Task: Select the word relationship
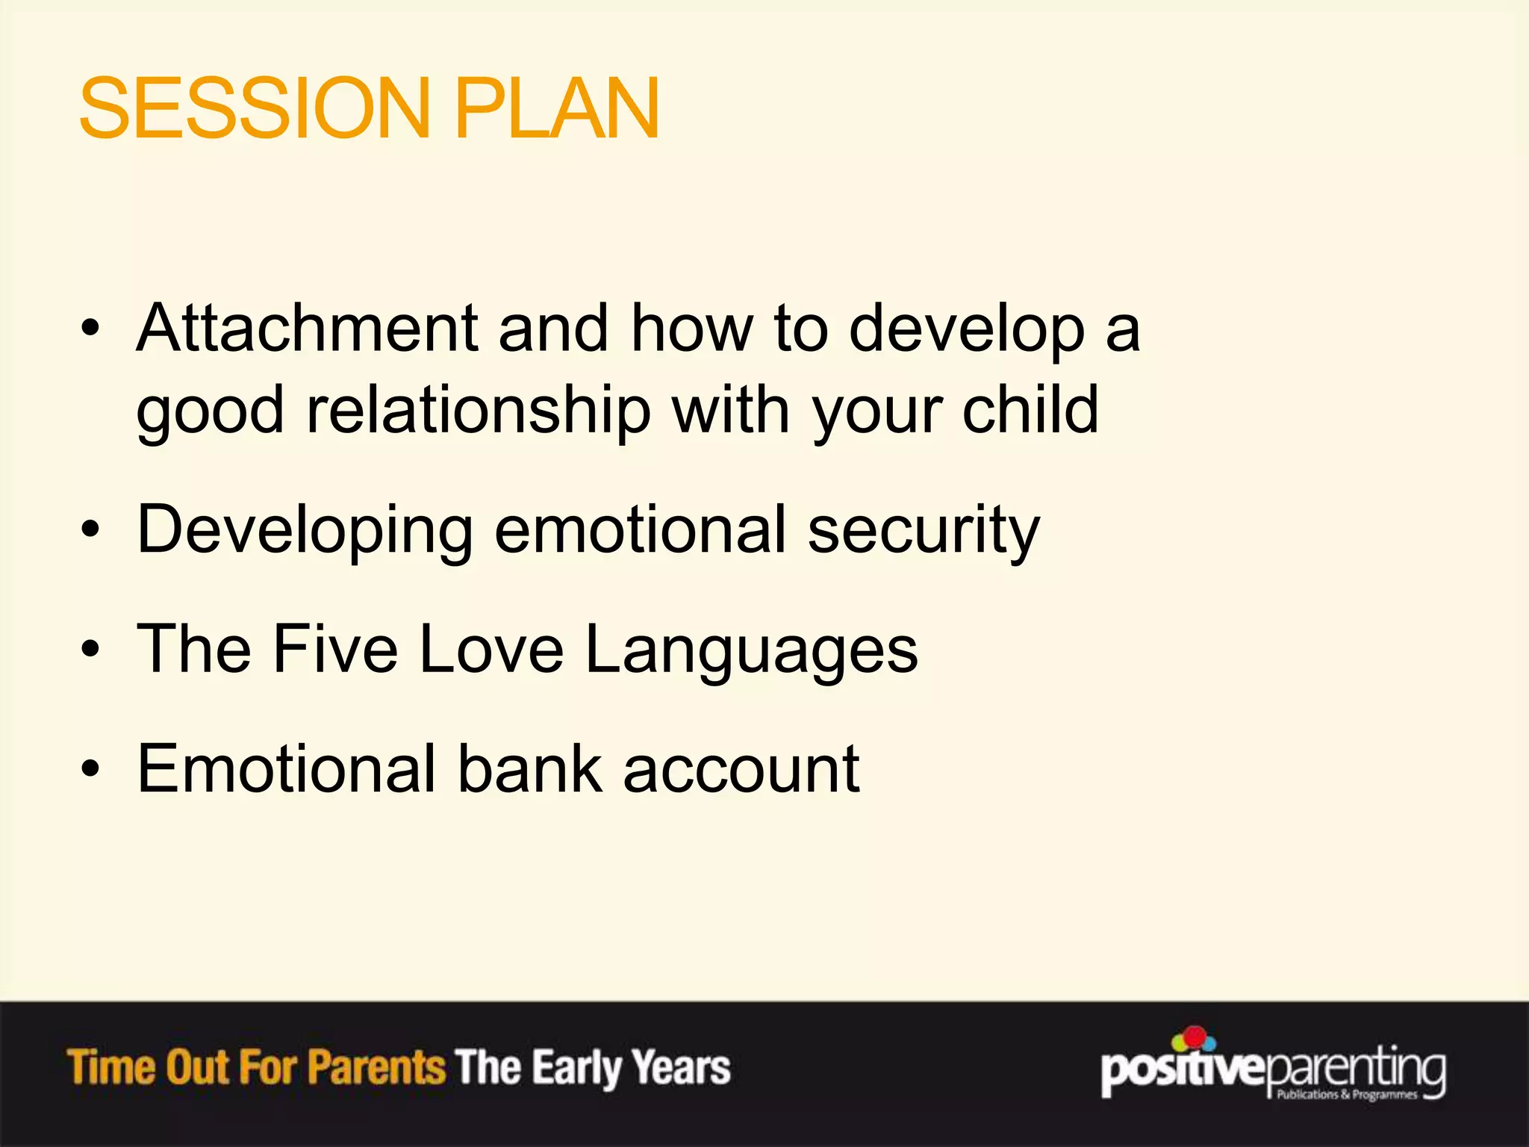tap(479, 411)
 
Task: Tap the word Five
tap(334, 649)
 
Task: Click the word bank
tap(529, 768)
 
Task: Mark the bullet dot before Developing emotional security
tap(90, 530)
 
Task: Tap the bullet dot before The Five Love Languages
tap(90, 649)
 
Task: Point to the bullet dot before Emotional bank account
tap(90, 768)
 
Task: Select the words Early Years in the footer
tap(631, 1068)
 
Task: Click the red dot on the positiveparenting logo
tap(1195, 1036)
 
